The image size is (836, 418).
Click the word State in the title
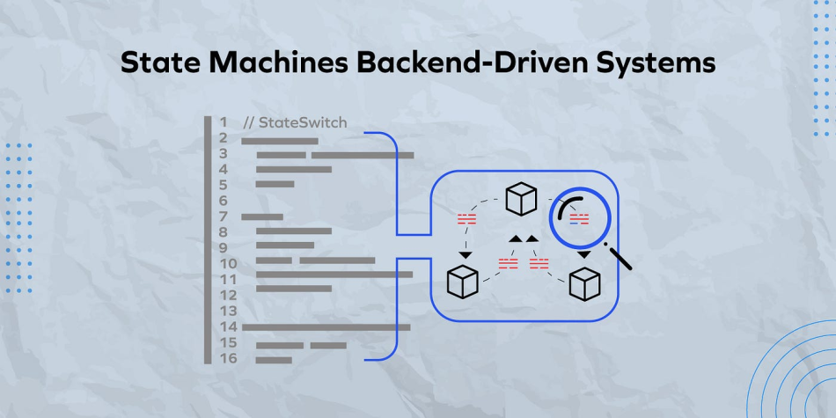(153, 63)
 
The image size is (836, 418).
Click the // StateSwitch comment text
(295, 122)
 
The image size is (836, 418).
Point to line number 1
(224, 122)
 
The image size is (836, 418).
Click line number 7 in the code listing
(224, 216)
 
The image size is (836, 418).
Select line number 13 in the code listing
(228, 311)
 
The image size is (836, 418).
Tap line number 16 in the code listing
(228, 358)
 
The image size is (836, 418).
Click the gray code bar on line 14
(326, 327)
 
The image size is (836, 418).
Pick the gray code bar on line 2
(279, 140)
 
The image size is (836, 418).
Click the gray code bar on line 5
(275, 184)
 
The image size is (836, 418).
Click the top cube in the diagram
(521, 200)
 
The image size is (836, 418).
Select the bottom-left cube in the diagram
(462, 281)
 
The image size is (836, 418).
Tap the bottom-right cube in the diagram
(584, 283)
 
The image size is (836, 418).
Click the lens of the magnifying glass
(580, 217)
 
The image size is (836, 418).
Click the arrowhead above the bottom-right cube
(583, 255)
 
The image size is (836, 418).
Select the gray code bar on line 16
(274, 359)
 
